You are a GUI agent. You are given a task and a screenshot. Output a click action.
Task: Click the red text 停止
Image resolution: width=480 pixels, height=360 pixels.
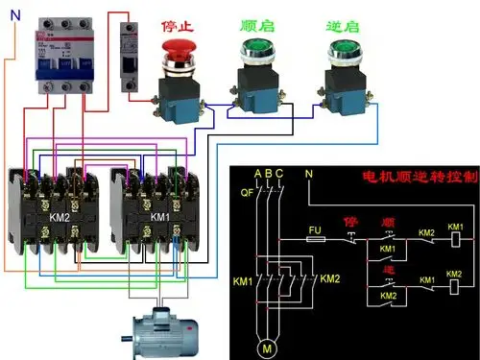pos(180,19)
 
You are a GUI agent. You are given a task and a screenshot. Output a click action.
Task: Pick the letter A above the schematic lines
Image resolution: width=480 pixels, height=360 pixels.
pos(257,174)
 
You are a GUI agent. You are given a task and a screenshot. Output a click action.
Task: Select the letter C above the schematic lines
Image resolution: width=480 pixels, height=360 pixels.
pos(278,174)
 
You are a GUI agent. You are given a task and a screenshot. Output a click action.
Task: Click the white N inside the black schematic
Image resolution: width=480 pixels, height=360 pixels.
pos(308,174)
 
